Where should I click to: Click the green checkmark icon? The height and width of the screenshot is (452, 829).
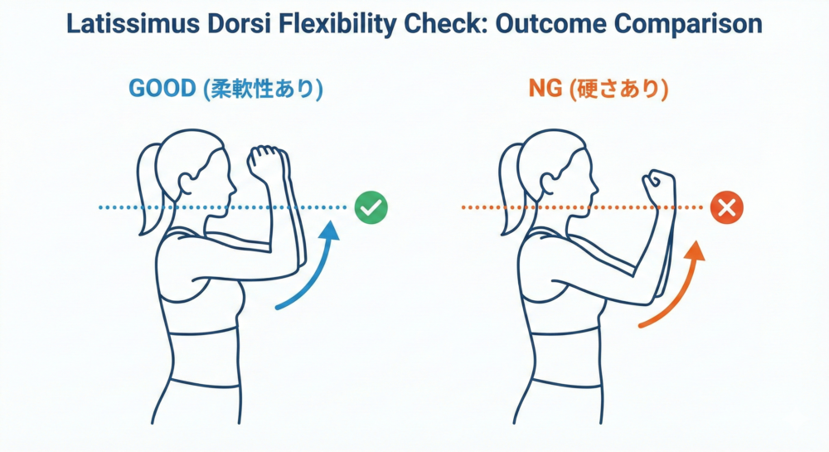371,207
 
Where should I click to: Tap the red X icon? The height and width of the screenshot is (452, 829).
727,208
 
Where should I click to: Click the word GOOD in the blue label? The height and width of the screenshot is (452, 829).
162,88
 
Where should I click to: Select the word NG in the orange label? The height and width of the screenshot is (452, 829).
545,88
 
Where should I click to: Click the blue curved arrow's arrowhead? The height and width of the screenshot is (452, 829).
330,231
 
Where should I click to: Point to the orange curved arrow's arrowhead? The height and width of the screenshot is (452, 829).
696,250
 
